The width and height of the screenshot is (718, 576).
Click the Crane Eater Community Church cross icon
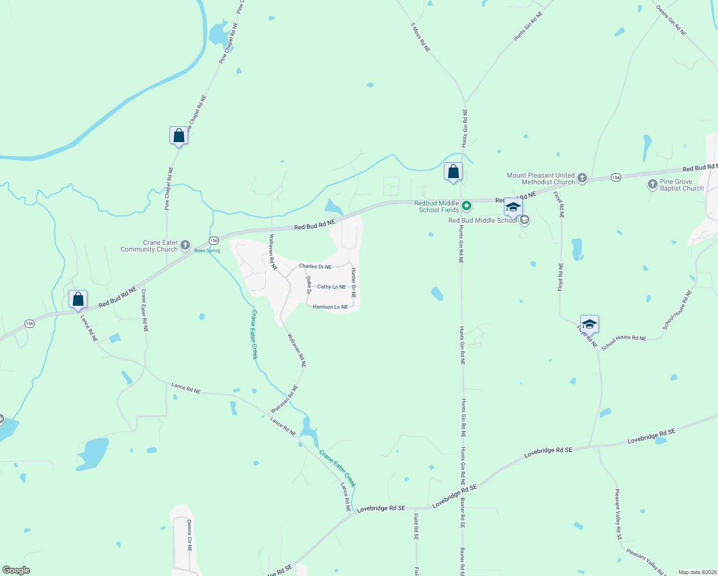(185, 246)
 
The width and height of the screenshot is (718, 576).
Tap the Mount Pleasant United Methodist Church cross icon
(582, 179)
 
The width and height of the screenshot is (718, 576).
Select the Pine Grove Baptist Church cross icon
(652, 184)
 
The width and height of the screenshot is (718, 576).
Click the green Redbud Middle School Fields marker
(466, 206)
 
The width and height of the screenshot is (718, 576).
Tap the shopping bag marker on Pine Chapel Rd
(179, 136)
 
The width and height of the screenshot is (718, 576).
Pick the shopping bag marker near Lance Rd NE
(78, 300)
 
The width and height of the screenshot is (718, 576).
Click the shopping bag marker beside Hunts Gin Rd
(453, 172)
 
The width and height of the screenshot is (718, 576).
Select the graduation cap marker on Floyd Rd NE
(589, 324)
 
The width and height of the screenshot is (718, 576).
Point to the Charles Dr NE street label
(315, 266)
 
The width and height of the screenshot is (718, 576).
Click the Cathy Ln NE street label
(332, 287)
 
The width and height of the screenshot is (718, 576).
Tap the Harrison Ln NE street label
(330, 307)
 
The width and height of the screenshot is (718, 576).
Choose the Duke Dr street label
(309, 285)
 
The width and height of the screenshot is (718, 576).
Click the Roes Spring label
(207, 251)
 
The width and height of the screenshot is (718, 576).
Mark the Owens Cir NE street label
(189, 535)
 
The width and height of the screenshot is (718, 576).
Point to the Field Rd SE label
(416, 527)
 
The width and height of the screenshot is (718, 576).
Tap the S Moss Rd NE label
(420, 37)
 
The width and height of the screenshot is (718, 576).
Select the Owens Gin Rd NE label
(671, 21)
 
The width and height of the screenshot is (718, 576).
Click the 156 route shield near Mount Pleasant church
(616, 178)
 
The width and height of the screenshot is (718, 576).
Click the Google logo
(16, 570)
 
